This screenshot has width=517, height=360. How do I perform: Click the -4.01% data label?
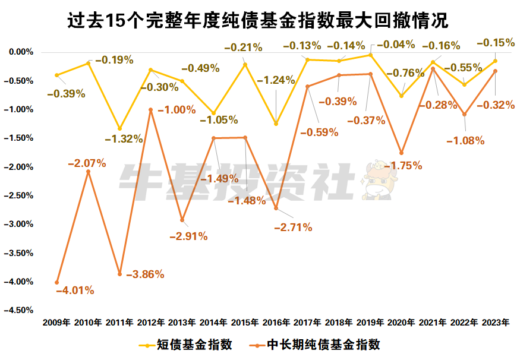[75, 290]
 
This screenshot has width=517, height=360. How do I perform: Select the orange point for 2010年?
[89, 172]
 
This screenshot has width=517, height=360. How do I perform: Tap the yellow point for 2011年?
[119, 128]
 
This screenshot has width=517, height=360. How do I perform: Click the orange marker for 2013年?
[182, 220]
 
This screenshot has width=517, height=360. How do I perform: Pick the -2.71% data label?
[292, 227]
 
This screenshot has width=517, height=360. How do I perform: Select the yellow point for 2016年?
[276, 124]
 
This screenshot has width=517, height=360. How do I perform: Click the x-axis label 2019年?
[370, 323]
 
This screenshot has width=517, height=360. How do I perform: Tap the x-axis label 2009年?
[57, 323]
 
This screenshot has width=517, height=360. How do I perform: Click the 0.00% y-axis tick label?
[21, 52]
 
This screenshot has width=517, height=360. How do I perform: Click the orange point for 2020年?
[401, 153]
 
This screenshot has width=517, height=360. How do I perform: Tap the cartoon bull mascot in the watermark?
[376, 179]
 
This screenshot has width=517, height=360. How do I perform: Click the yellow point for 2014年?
[213, 113]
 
